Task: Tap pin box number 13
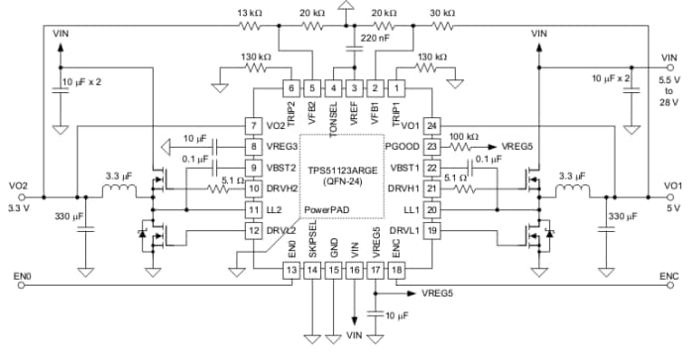tap(291, 269)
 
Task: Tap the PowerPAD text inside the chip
tap(327, 210)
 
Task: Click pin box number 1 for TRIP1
tap(399, 87)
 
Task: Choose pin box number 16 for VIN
tap(355, 269)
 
